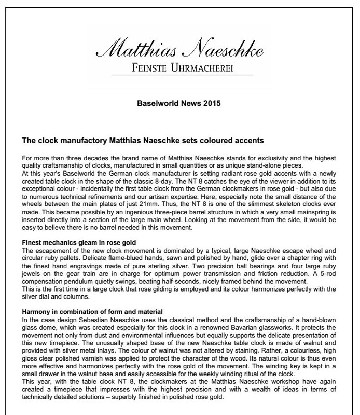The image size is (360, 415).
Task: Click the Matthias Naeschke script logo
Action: (x=179, y=50)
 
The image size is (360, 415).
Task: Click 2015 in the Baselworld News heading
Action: (x=211, y=103)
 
